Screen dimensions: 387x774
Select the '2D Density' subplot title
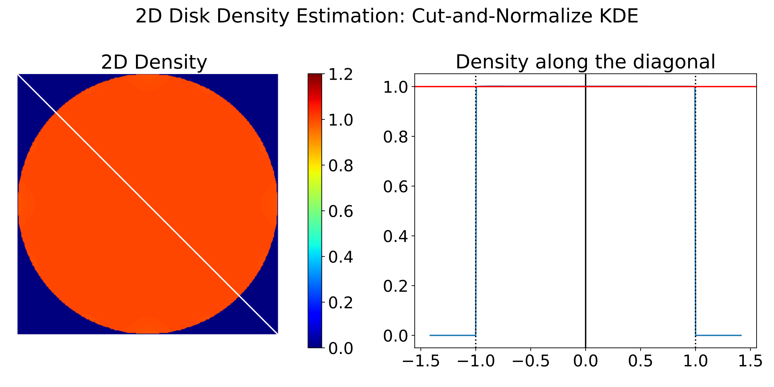(154, 62)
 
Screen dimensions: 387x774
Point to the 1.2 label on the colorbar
(340, 75)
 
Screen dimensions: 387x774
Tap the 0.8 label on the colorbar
(340, 166)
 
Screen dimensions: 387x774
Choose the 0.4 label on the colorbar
(340, 257)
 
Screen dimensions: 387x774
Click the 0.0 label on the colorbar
(340, 349)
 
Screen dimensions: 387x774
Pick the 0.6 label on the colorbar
(340, 212)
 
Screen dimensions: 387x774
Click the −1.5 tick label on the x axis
(420, 361)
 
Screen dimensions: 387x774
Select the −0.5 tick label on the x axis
(530, 361)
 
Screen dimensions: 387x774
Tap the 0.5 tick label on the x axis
(640, 361)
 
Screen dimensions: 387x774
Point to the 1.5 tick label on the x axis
(750, 361)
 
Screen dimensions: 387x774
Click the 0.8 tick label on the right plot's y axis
(396, 137)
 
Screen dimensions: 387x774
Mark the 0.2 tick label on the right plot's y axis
(396, 286)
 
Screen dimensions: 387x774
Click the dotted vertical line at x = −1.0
(476, 210)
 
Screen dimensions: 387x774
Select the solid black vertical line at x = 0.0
(586, 210)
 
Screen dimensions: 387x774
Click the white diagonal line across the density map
(148, 204)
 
